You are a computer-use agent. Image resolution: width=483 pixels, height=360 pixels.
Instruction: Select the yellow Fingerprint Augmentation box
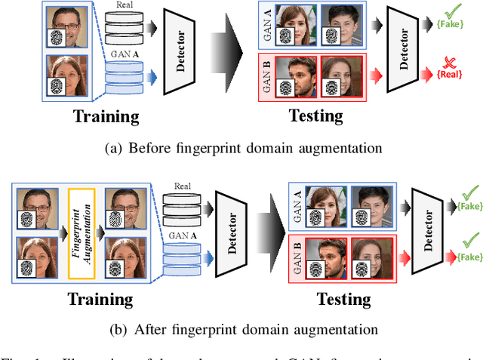(80, 222)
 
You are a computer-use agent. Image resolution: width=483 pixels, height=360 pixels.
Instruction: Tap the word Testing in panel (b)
(343, 299)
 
